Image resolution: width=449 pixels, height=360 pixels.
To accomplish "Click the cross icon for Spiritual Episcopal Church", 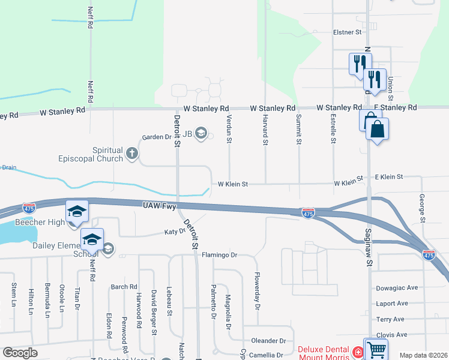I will point(133,155).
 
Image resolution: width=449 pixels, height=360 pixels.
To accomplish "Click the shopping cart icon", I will point(376,350).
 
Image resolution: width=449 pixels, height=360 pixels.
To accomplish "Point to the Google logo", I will point(20,352).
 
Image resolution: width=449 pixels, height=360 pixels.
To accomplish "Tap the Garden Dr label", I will point(156,137).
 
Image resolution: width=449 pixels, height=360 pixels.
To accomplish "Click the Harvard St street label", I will point(265,130).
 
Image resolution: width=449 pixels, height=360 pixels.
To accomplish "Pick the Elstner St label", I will point(348,32).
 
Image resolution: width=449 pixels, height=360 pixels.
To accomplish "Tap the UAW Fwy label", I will point(159,206).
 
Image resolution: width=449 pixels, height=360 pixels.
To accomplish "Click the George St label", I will point(423,208).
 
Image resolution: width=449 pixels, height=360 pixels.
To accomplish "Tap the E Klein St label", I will point(389,177).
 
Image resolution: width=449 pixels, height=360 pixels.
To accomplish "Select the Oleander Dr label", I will point(268,340).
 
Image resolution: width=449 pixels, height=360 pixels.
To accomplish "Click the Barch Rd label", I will point(124,287).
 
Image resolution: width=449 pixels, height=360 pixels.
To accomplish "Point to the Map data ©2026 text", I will point(423,355).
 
